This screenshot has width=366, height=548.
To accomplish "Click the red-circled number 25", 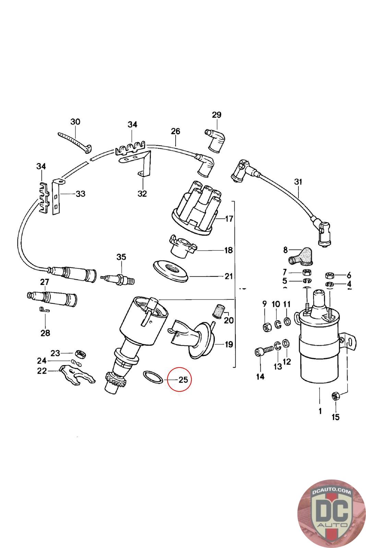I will coord(183,379).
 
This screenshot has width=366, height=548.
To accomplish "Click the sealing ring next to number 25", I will coord(153,377).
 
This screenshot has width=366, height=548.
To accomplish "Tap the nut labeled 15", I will coord(334,396).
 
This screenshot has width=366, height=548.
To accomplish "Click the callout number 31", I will coord(298,182).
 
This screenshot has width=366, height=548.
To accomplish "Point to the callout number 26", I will coord(175,131).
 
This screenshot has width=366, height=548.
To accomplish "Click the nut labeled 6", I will coord(330,275).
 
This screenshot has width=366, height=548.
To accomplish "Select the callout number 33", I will coord(80,194).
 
